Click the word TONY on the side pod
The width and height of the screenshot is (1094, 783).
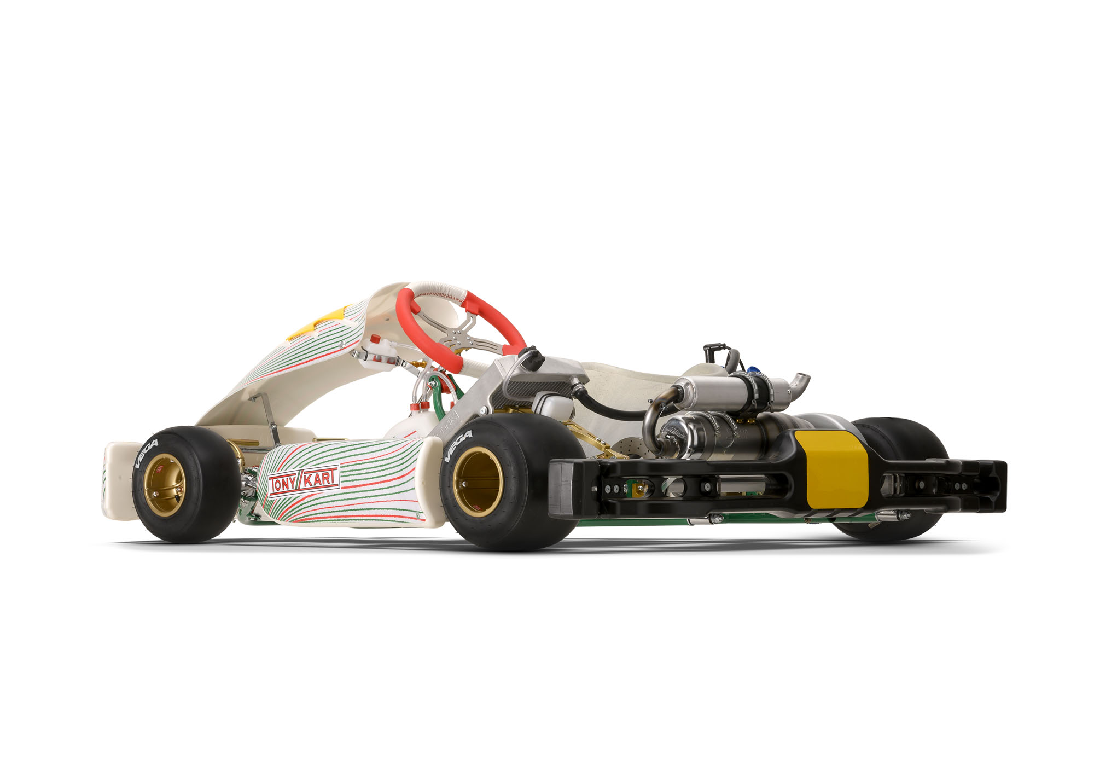pos(283,484)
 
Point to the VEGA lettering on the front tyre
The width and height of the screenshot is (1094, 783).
pos(146,454)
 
